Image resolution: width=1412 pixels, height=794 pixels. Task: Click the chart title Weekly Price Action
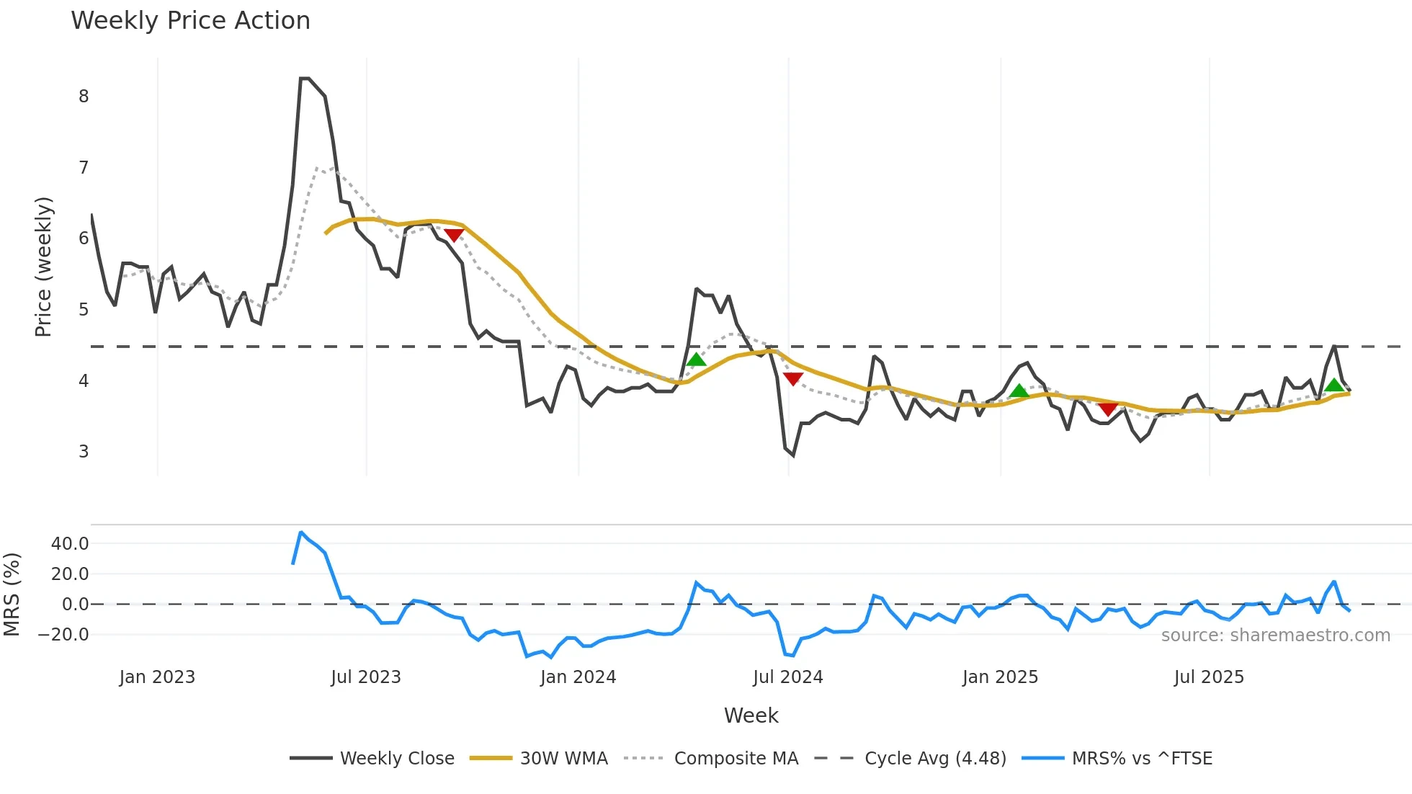pyautogui.click(x=190, y=21)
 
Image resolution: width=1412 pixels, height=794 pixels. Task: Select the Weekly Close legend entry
pyautogui.click(x=396, y=759)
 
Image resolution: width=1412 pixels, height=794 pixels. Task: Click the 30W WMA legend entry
pyautogui.click(x=563, y=759)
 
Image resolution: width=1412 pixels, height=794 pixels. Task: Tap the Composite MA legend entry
pyautogui.click(x=736, y=759)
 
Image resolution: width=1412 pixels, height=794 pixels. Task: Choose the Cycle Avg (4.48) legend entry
pyautogui.click(x=935, y=759)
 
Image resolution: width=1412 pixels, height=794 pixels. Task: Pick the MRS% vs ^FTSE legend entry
pyautogui.click(x=1142, y=759)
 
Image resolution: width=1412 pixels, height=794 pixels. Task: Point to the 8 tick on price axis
pyautogui.click(x=84, y=97)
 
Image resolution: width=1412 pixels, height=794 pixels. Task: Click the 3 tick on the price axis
pyautogui.click(x=84, y=452)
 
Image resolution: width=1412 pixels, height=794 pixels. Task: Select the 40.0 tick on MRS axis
pyautogui.click(x=70, y=544)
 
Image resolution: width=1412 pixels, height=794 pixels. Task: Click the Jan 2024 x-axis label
pyautogui.click(x=578, y=677)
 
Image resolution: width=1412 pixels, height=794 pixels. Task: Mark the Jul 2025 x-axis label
pyautogui.click(x=1209, y=677)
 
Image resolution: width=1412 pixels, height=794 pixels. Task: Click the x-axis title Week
pyautogui.click(x=751, y=715)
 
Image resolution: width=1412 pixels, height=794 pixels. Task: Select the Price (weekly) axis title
pyautogui.click(x=43, y=267)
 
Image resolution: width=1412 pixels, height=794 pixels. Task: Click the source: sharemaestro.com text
pyautogui.click(x=1275, y=635)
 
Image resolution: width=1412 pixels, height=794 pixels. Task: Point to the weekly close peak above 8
pyautogui.click(x=305, y=79)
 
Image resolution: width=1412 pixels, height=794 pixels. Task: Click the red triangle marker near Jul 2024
pyautogui.click(x=792, y=379)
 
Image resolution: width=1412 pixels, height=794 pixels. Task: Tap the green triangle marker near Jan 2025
pyautogui.click(x=1019, y=391)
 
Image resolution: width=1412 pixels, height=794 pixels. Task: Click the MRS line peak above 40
pyautogui.click(x=301, y=532)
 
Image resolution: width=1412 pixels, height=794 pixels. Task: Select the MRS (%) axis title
pyautogui.click(x=12, y=594)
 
